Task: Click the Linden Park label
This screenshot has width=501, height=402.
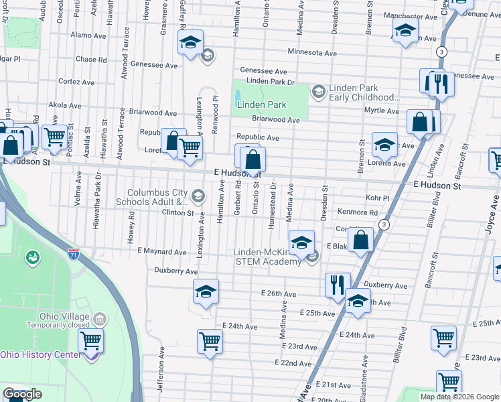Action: (262, 105)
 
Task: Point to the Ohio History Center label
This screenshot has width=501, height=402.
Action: (41, 354)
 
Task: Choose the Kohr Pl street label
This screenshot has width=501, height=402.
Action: (378, 198)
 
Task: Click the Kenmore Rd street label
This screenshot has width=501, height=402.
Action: (358, 212)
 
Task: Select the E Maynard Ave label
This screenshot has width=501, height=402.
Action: (161, 252)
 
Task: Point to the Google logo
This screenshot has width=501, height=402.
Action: (22, 394)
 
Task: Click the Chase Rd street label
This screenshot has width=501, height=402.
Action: (91, 59)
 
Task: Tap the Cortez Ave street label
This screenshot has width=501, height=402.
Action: (74, 81)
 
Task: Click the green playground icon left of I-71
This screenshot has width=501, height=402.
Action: (31, 257)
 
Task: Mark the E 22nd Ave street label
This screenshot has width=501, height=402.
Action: (294, 362)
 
